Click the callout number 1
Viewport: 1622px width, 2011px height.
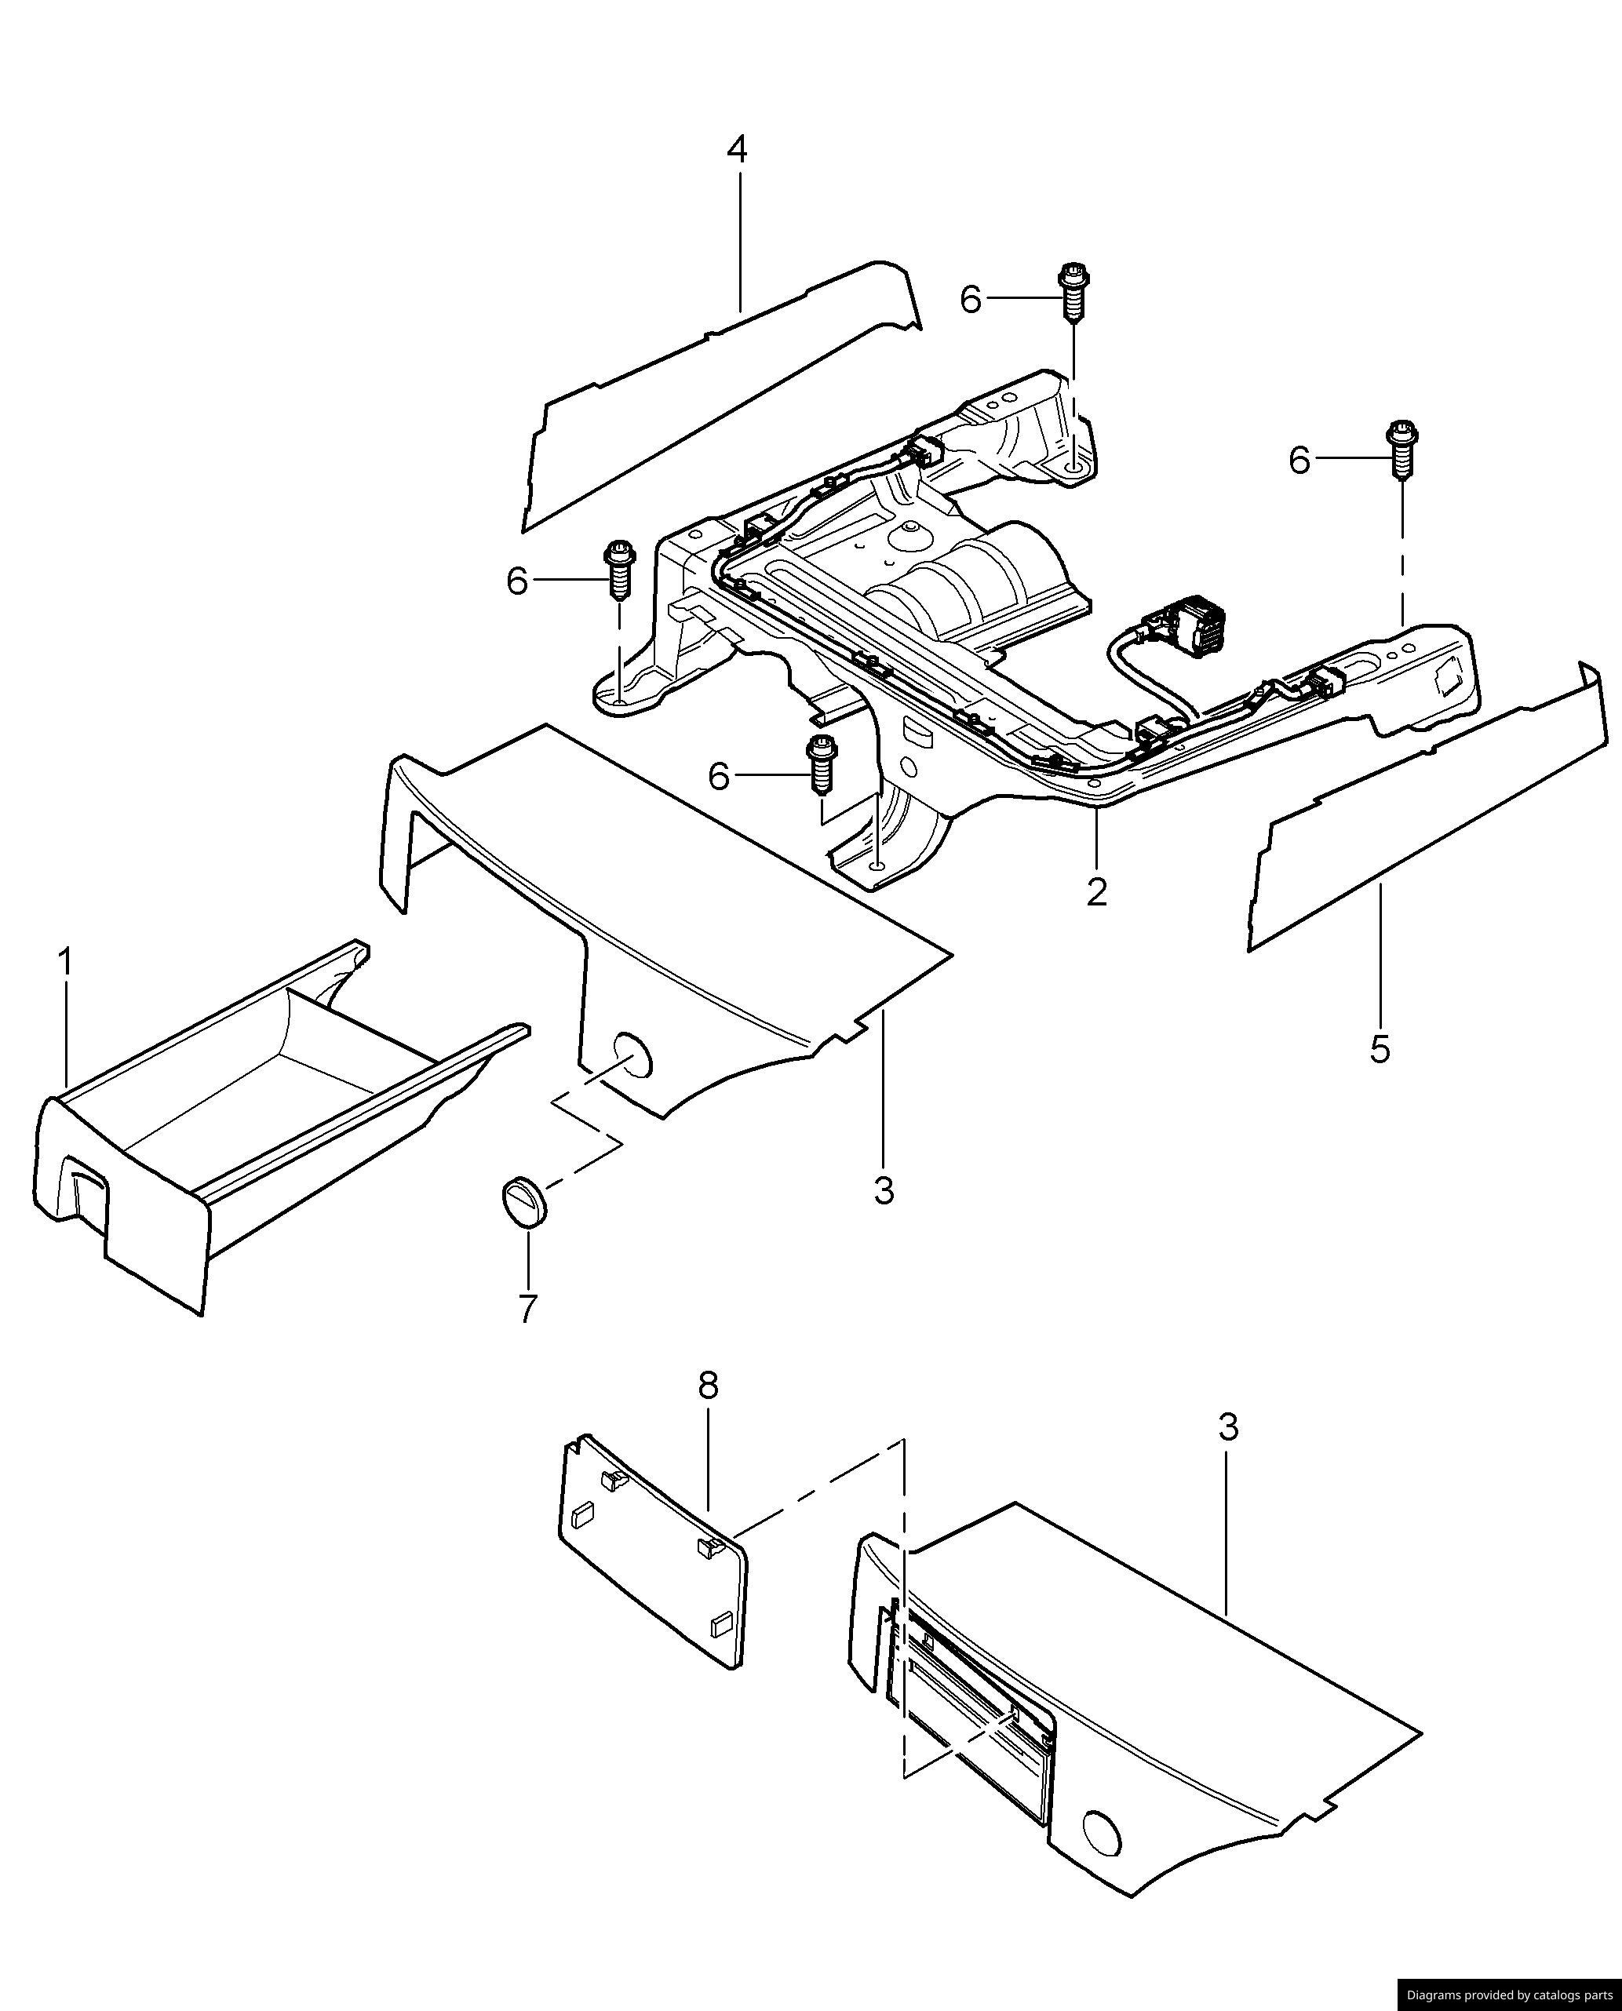(64, 962)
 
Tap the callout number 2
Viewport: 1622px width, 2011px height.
(1097, 891)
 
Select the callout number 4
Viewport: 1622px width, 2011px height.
(737, 149)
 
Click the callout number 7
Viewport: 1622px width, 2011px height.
(528, 1309)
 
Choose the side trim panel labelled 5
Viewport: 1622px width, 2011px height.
(1430, 803)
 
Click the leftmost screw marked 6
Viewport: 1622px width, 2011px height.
(618, 568)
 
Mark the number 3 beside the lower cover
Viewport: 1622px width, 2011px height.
(1228, 1427)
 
